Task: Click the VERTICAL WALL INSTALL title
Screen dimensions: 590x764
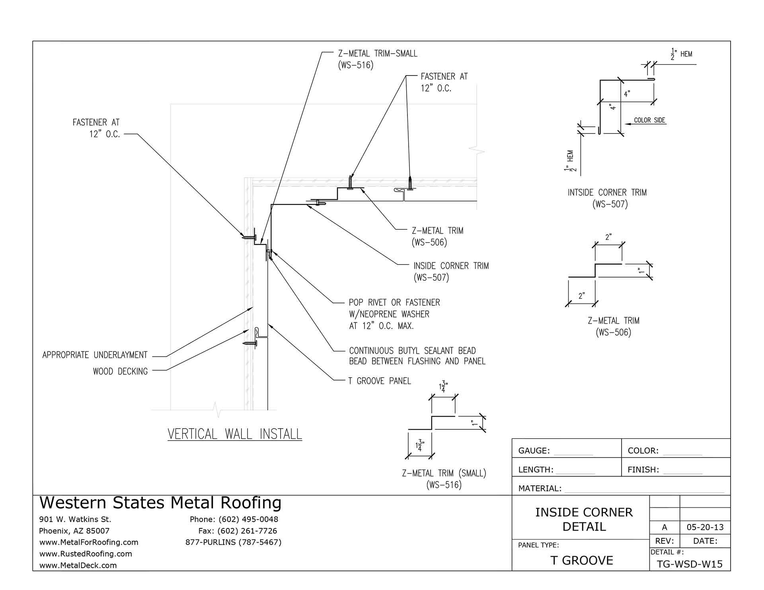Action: [x=235, y=434]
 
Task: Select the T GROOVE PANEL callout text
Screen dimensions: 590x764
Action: [x=379, y=381]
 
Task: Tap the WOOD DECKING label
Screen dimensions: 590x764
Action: [x=120, y=371]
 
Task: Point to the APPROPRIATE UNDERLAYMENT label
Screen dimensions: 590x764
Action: [x=95, y=355]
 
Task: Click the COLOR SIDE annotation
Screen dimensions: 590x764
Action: [x=649, y=120]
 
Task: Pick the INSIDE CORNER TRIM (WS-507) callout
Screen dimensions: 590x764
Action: [x=451, y=271]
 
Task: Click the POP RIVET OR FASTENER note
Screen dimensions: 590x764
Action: [x=394, y=314]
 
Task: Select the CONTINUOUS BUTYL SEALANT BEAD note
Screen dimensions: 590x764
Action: [x=417, y=356]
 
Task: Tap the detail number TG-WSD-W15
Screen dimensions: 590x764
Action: [x=689, y=564]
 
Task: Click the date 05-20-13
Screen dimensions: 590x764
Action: [x=705, y=528]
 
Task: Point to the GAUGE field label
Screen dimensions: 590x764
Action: [x=534, y=451]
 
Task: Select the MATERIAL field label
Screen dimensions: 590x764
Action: [x=540, y=489]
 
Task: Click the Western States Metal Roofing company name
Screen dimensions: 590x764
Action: [x=160, y=503]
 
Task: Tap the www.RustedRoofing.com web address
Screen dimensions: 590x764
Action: [x=86, y=554]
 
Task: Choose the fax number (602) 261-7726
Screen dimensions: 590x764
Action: [x=238, y=531]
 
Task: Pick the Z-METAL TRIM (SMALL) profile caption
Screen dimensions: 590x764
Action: [x=444, y=479]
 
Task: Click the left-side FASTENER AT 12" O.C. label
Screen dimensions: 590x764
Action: [x=96, y=128]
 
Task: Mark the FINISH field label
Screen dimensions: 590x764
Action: [x=643, y=470]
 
